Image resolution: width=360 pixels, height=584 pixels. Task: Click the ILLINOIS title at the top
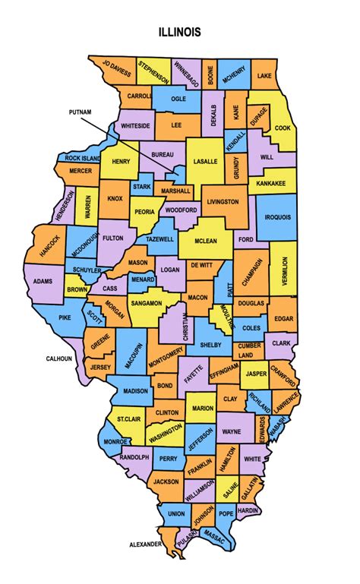(180, 32)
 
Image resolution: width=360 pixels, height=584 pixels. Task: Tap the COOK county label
(282, 128)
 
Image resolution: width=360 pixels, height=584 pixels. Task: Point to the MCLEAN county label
(205, 241)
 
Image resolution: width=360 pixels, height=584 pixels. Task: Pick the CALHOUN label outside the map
(58, 358)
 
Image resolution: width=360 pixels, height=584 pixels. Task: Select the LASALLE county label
(205, 162)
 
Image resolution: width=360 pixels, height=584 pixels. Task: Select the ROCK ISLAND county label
(83, 158)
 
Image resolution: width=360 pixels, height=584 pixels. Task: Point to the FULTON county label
(113, 238)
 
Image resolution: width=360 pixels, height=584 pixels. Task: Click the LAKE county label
(264, 77)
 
